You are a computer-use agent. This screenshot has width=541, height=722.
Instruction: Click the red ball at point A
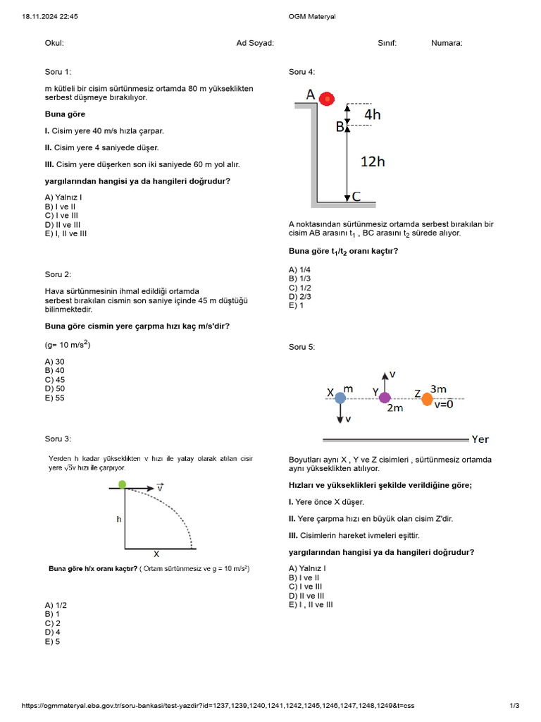tap(326, 99)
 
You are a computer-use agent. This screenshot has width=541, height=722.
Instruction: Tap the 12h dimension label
tap(373, 161)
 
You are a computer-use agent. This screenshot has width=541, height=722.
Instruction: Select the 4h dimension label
tap(373, 114)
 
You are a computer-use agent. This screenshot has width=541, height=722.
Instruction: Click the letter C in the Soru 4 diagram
tap(356, 197)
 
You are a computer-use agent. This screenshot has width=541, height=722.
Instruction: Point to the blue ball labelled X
tap(340, 398)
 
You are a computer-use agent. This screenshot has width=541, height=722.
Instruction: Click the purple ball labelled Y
tap(385, 398)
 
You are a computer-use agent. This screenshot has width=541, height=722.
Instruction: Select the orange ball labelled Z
tap(427, 399)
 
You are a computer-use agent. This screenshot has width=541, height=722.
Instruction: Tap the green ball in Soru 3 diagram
tap(123, 484)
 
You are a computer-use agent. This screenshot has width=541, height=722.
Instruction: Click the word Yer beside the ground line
tap(480, 439)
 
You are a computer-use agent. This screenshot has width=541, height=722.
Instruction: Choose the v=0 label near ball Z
tap(444, 405)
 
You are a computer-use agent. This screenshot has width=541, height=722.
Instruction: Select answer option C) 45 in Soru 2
tap(55, 379)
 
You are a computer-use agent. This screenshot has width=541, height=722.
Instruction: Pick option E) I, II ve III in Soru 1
tap(66, 233)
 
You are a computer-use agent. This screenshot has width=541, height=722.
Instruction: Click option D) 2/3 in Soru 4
tap(300, 296)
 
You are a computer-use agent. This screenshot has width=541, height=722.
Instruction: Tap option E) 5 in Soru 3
tap(52, 642)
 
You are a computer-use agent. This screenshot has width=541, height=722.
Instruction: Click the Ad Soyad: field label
tap(255, 43)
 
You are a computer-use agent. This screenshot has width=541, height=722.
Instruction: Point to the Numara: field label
tap(447, 43)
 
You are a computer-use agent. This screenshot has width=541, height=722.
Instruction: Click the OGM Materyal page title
tap(312, 16)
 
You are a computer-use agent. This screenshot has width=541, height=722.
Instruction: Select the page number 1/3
tap(514, 706)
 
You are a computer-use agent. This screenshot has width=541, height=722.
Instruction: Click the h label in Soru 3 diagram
tap(119, 519)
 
